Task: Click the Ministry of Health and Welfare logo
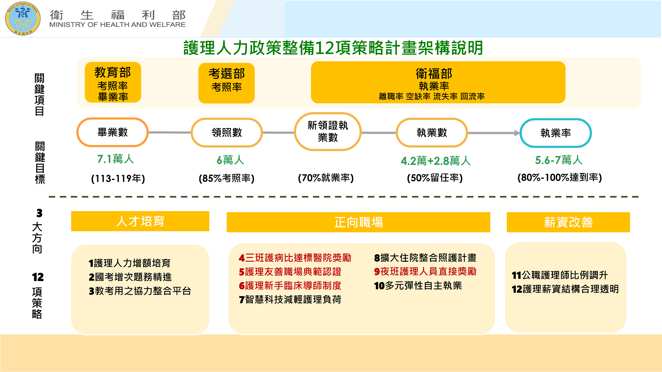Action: [23, 19]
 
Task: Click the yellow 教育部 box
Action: [113, 83]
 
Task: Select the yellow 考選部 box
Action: [227, 83]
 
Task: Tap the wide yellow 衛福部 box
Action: [438, 83]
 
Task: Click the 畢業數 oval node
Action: [112, 132]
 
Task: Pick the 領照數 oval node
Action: [227, 133]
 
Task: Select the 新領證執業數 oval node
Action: [328, 132]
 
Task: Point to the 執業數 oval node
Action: [432, 133]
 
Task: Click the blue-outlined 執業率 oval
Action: [555, 133]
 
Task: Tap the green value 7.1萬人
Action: [116, 159]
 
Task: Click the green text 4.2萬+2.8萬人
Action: [435, 161]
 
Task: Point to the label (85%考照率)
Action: [227, 178]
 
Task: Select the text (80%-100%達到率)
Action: [560, 177]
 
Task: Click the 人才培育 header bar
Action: [140, 221]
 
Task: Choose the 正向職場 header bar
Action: [358, 222]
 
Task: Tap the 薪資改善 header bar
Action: [568, 222]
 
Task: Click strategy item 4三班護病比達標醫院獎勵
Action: [295, 258]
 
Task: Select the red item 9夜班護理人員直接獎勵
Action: [425, 272]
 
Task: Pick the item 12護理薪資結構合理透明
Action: [565, 289]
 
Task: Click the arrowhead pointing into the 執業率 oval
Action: [517, 133]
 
